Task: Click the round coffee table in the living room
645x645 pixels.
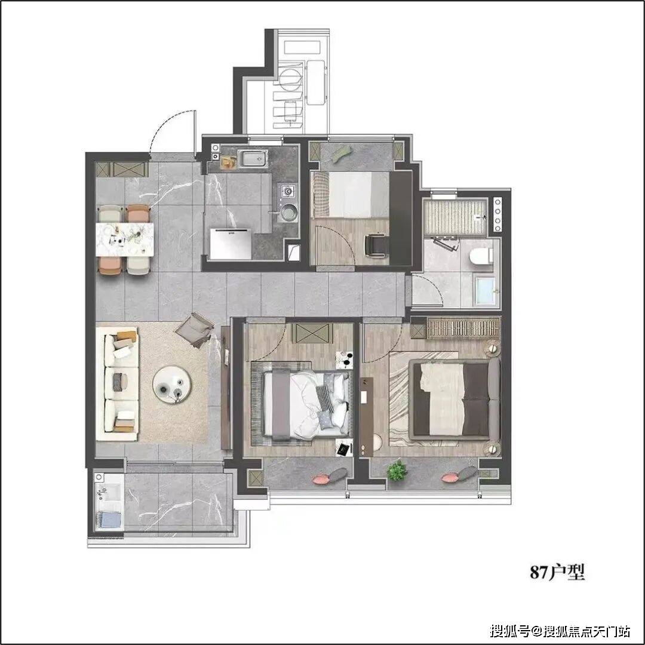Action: pyautogui.click(x=171, y=385)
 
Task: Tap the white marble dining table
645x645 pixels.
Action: pyautogui.click(x=125, y=239)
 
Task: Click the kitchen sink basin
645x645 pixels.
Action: pyautogui.click(x=253, y=158)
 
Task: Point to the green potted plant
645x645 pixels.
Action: pyautogui.click(x=397, y=471)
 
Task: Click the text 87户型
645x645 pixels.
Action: pyautogui.click(x=557, y=572)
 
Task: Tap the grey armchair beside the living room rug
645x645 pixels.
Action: pyautogui.click(x=195, y=330)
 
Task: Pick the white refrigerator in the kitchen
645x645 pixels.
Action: pyautogui.click(x=231, y=244)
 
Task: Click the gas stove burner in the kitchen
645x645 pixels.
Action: pyautogui.click(x=287, y=191)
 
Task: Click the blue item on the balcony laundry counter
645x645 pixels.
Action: pyautogui.click(x=109, y=520)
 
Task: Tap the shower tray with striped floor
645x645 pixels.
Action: pyautogui.click(x=455, y=217)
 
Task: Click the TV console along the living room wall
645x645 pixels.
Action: pyautogui.click(x=225, y=388)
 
